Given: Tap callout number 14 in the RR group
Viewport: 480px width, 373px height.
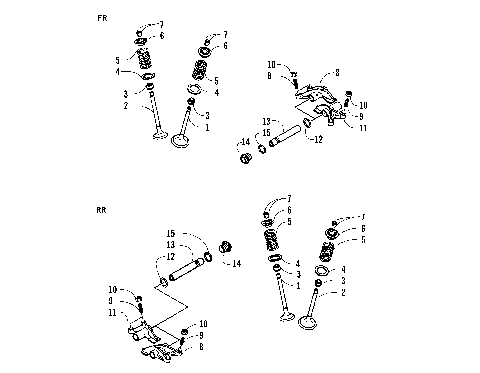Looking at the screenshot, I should coord(237,263).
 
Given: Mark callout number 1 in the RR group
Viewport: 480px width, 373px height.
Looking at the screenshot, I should coord(298,286).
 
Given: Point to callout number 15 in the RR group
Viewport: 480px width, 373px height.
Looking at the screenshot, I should coord(172,234).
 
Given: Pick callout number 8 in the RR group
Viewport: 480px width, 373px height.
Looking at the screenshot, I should coord(202,347).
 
